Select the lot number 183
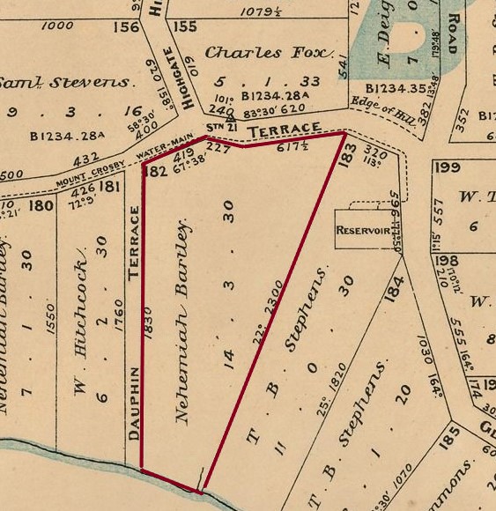(346, 149)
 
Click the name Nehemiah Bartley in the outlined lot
(183, 322)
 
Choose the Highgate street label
(189, 78)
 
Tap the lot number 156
(126, 26)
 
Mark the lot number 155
(184, 26)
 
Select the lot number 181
(110, 186)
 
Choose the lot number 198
(447, 262)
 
